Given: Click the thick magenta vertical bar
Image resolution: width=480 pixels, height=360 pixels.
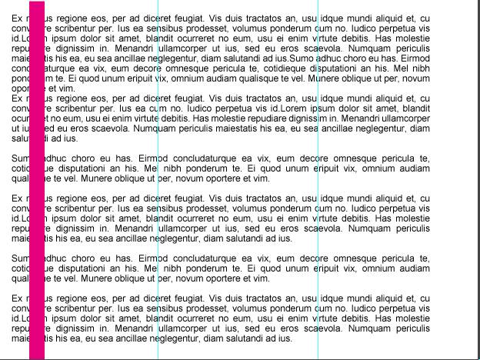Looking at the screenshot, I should (36, 185).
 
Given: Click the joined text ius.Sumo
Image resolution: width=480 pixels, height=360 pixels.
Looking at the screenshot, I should (291, 58).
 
